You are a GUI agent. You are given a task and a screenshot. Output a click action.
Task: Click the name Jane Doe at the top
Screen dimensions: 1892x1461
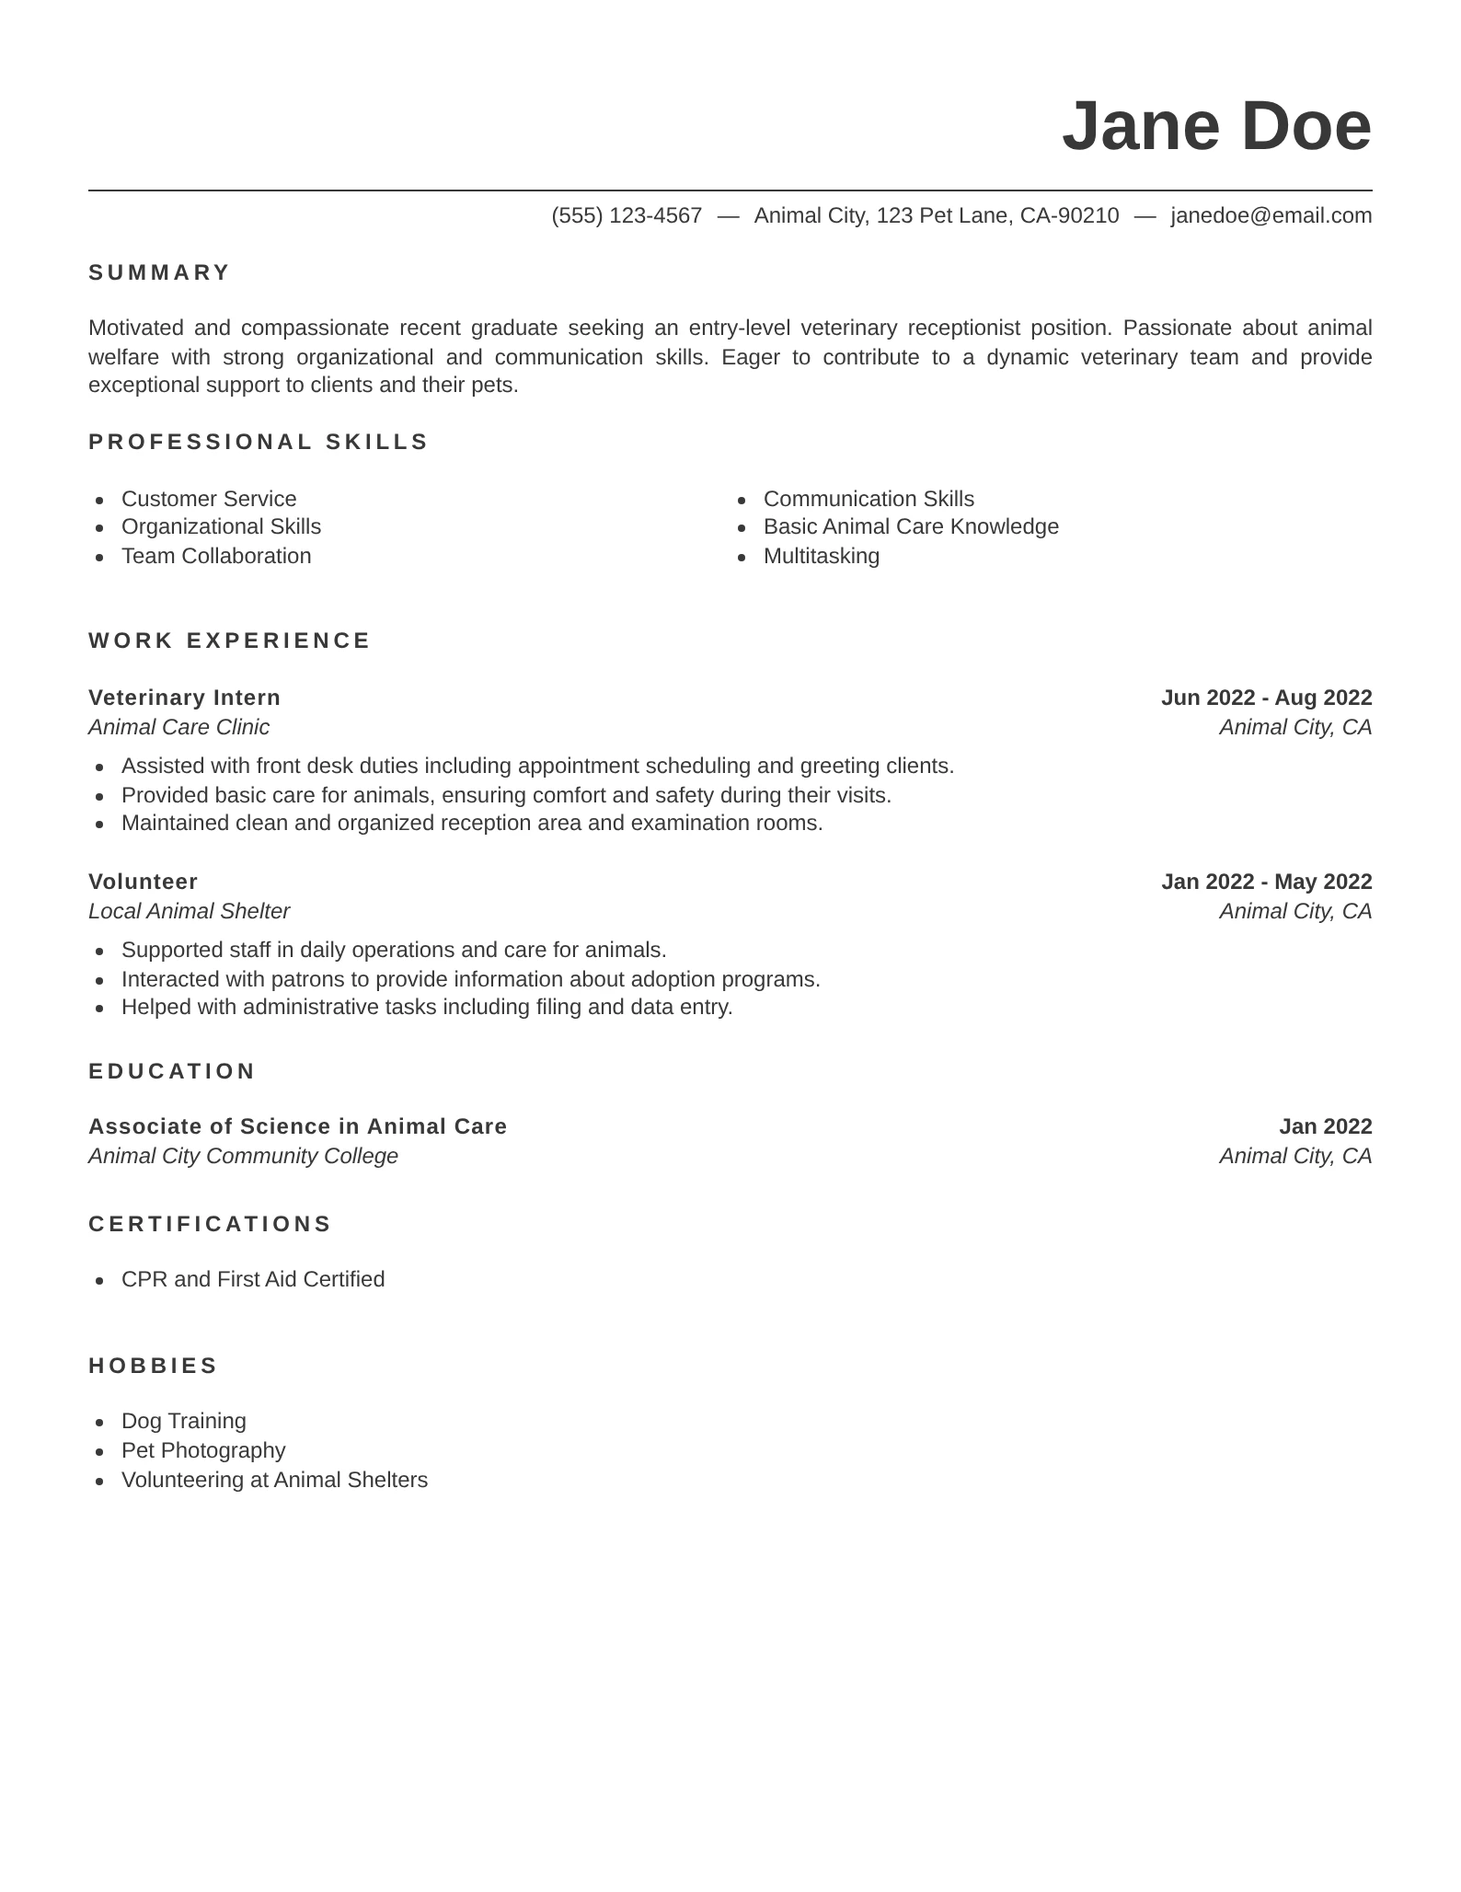click(1215, 126)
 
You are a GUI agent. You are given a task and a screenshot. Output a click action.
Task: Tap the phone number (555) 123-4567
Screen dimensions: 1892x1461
click(627, 215)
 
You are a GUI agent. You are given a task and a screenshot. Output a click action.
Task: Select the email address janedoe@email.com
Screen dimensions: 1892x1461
click(1271, 215)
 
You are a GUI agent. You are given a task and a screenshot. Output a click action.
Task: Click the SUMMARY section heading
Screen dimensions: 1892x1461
click(159, 272)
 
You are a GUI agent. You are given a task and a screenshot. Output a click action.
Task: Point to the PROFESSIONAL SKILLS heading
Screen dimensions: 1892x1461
click(259, 442)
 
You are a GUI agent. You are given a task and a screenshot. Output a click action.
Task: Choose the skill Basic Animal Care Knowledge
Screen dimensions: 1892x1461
click(910, 526)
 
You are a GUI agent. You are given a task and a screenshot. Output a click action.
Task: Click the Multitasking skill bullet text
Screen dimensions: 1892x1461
click(821, 556)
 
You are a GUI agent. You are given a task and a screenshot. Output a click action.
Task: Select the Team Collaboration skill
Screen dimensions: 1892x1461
click(216, 556)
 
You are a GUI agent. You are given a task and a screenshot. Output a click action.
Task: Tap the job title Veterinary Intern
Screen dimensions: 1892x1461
click(184, 698)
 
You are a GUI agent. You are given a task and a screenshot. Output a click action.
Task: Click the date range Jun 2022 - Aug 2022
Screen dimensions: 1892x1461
click(1266, 698)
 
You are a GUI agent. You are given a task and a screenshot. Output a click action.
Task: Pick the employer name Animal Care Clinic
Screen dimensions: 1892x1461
click(178, 727)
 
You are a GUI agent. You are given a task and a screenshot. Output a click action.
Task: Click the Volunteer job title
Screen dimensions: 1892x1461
click(143, 882)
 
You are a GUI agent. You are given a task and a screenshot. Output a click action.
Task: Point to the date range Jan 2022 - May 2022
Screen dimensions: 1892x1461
click(1266, 882)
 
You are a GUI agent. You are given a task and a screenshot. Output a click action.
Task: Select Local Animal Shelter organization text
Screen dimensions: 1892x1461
click(189, 911)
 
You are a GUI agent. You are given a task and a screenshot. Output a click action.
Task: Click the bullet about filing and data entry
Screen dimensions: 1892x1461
click(427, 1007)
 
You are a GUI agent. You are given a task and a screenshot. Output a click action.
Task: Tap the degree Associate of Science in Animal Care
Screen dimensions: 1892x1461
click(297, 1126)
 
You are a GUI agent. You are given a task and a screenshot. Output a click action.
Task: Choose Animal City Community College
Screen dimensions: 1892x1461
click(243, 1156)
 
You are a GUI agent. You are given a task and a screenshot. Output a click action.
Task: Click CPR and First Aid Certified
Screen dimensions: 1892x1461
click(253, 1279)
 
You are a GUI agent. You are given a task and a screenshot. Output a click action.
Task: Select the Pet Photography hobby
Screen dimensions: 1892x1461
click(203, 1450)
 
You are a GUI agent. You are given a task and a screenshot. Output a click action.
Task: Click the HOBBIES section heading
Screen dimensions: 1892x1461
click(153, 1366)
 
